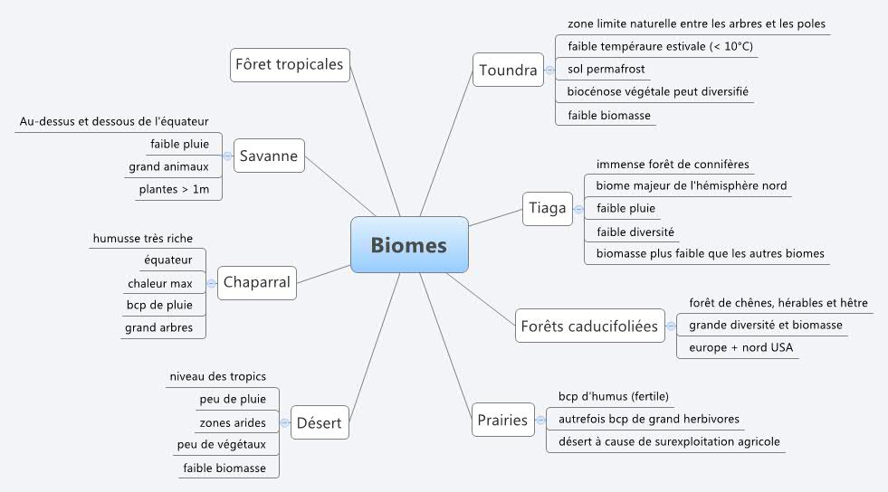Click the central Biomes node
pos(409,244)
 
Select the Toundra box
pos(508,70)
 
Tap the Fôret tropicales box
pos(289,64)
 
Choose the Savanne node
pos(269,156)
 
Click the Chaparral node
pos(256,282)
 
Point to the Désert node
pos(320,421)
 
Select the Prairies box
pos(501,420)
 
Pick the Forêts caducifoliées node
pos(588,326)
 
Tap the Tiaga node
pos(547,208)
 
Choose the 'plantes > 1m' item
pos(173,189)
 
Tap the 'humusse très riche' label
pos(142,238)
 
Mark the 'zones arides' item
pos(233,422)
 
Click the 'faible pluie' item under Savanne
pos(179,143)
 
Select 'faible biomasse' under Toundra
pos(609,115)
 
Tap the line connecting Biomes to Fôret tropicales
pos(373,145)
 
